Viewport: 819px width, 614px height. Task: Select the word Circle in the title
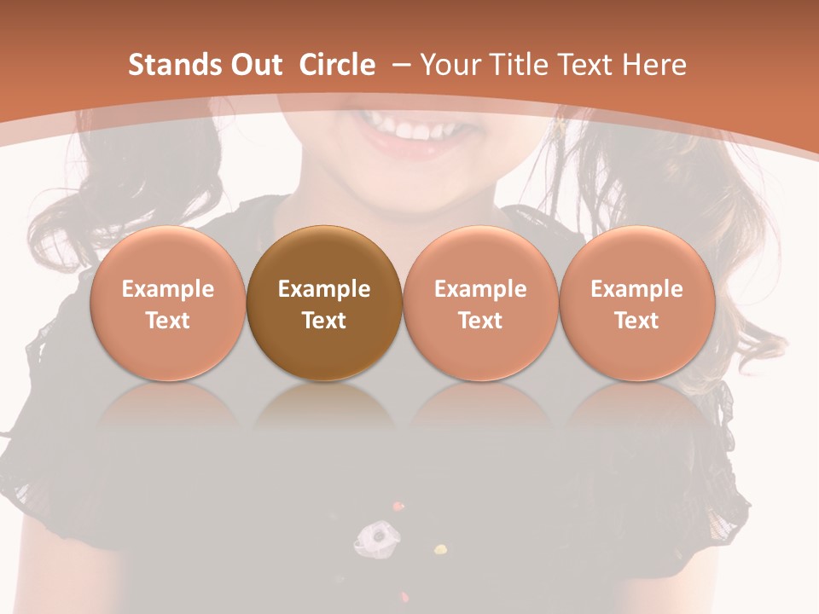337,65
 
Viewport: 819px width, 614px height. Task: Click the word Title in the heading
518,65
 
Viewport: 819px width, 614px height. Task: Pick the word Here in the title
654,65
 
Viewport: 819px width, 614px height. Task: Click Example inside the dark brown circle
324,289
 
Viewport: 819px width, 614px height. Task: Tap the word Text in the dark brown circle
324,321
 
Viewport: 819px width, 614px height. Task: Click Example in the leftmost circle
168,289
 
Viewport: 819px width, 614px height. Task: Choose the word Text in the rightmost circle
636,321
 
